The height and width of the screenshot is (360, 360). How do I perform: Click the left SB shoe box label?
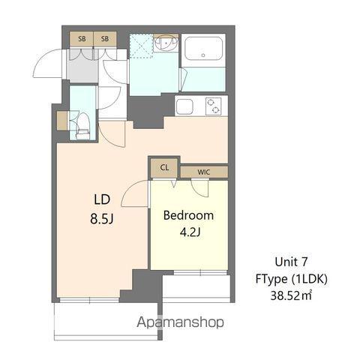coord(80,39)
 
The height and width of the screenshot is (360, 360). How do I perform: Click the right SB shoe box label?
coord(105,39)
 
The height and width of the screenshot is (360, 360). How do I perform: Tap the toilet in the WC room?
coord(82,124)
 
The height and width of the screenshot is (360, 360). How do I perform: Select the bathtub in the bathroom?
coord(203,51)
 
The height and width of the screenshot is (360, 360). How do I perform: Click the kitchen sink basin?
coord(186,106)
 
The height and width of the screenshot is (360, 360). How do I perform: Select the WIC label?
coord(203,172)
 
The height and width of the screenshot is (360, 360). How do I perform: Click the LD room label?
coord(102,199)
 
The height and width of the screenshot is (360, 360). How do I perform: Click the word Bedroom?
coord(188,215)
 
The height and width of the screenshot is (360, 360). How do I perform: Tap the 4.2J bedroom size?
coord(188,232)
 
